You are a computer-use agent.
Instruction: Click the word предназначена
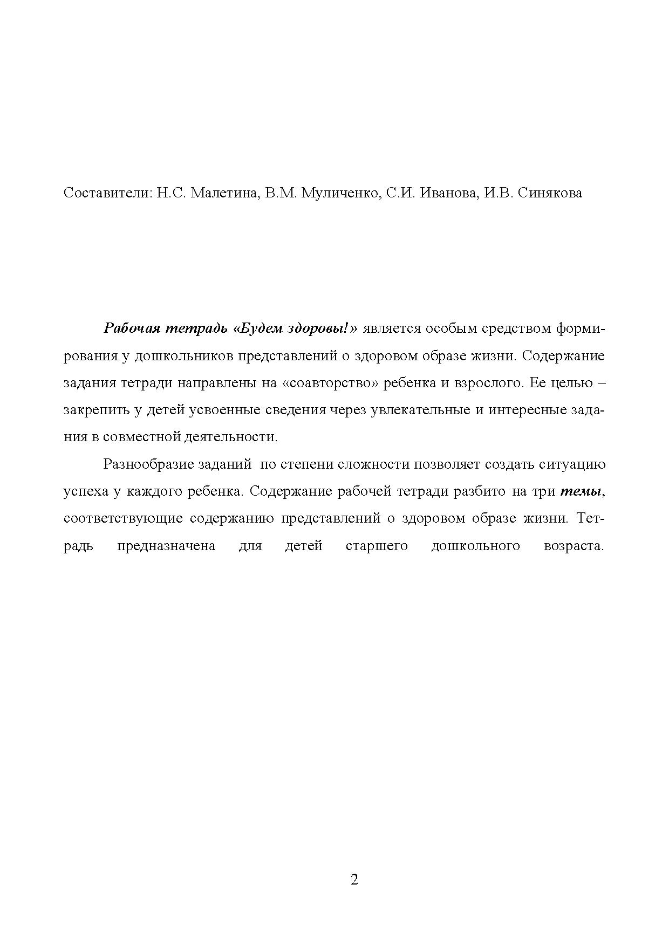pos(166,546)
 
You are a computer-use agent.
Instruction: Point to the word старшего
pos(377,546)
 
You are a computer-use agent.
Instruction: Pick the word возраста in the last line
pos(573,546)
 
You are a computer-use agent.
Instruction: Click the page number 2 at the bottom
pos(354,880)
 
